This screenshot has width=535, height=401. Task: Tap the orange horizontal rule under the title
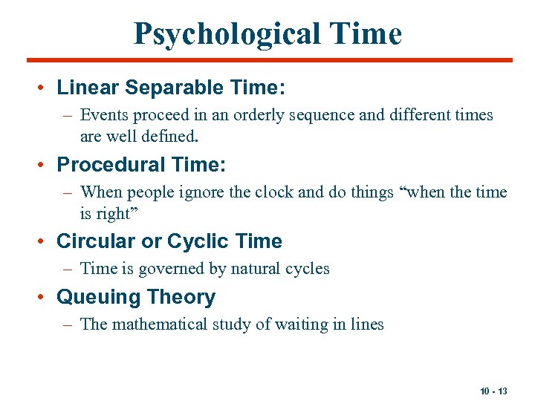[x=269, y=60]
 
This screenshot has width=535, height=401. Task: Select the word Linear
[x=88, y=88]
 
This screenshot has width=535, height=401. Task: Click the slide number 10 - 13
[x=493, y=391]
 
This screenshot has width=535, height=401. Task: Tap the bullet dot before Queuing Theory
[x=44, y=297]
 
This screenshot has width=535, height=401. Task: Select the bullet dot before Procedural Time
[x=44, y=164]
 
